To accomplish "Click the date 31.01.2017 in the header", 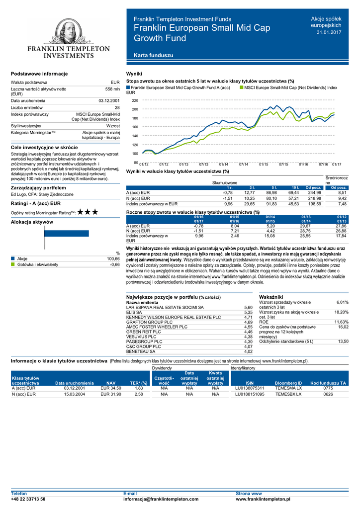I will [x=329, y=32].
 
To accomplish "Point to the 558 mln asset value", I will [x=113, y=89].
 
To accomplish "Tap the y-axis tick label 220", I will [x=135, y=100].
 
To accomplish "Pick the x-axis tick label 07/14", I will [x=244, y=164].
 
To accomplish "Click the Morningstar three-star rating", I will [x=88, y=212].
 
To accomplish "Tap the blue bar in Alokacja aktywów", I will [x=67, y=233].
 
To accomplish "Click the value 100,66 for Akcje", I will [x=113, y=259].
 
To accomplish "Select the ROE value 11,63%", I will [x=341, y=322].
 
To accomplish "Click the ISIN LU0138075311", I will [x=250, y=388].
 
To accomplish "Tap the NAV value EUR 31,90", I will [x=111, y=394].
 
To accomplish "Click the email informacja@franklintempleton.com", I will [x=161, y=499].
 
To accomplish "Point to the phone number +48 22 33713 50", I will [x=28, y=499].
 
